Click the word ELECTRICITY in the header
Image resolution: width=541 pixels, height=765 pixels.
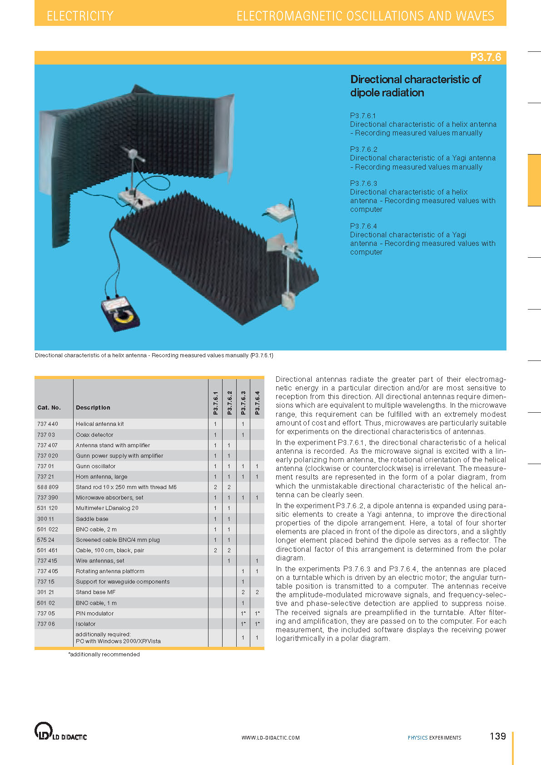click(x=80, y=16)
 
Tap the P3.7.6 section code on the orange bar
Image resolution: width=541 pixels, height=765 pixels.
click(x=485, y=57)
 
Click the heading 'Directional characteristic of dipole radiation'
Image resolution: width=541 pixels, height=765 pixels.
click(x=415, y=86)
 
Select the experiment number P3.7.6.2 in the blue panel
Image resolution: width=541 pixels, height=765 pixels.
click(x=363, y=149)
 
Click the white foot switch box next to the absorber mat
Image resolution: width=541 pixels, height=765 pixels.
click(x=279, y=212)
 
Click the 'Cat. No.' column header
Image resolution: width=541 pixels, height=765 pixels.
click(x=49, y=408)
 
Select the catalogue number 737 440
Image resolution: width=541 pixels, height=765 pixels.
click(x=48, y=424)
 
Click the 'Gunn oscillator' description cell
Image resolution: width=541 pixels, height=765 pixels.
click(x=95, y=466)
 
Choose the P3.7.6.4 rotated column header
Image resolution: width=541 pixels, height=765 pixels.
click(x=257, y=403)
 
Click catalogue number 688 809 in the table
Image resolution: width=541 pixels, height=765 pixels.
click(x=48, y=487)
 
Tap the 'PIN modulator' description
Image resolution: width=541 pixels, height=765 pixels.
click(x=94, y=613)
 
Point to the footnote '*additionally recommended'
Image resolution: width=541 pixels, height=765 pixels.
click(x=104, y=655)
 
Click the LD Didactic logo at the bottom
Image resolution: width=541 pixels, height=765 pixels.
click(x=60, y=731)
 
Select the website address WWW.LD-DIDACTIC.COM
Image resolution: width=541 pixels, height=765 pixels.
click(x=270, y=738)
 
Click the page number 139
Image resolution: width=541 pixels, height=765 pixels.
click(x=497, y=736)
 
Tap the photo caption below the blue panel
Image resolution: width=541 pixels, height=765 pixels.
click(x=154, y=355)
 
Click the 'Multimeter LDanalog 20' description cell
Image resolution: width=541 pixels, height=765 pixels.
click(x=107, y=508)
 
